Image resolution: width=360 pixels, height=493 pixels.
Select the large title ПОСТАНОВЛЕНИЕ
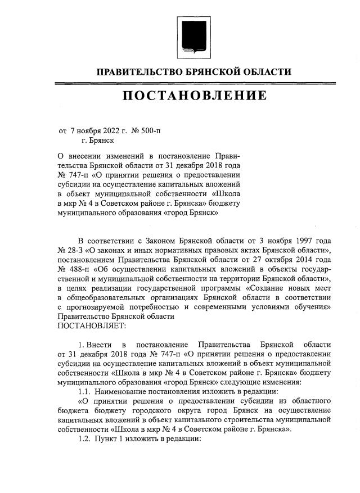[195, 97]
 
